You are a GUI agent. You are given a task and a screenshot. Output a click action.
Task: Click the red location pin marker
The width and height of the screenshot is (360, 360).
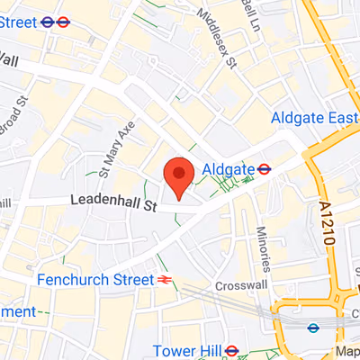point(178,175)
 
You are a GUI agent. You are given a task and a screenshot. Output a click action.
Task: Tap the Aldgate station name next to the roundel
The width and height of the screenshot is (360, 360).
point(229,168)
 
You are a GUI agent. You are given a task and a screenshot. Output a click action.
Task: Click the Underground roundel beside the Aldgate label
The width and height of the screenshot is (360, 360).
point(265,168)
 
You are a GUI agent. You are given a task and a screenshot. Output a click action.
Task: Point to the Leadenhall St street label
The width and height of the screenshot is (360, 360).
point(113,205)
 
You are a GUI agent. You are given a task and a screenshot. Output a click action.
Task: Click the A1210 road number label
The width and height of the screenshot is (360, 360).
point(328,226)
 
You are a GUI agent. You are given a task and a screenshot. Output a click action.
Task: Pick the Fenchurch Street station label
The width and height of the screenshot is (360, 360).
point(95,280)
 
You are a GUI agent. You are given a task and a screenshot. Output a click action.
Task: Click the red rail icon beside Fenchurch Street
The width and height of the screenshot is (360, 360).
point(166,280)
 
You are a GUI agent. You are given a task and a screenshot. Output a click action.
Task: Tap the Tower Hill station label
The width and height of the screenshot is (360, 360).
point(186,349)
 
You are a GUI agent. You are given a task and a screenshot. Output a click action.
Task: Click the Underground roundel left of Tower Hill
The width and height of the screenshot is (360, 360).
point(231,349)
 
